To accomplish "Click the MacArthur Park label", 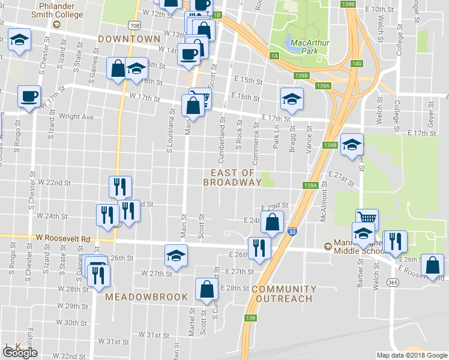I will pyautogui.click(x=308, y=47).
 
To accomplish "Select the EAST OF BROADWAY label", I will pyautogui.click(x=232, y=176).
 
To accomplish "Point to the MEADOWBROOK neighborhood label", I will pyautogui.click(x=146, y=297).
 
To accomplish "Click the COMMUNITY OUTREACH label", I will pyautogui.click(x=283, y=293).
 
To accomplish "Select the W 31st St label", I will pyautogui.click(x=154, y=334).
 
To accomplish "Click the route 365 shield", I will pyautogui.click(x=393, y=282).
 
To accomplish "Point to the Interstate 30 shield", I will pyautogui.click(x=292, y=232).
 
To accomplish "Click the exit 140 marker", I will pyautogui.click(x=357, y=64).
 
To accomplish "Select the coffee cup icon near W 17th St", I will pyautogui.click(x=29, y=96).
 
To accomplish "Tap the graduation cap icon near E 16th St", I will pyautogui.click(x=292, y=98).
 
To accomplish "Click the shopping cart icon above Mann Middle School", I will pyautogui.click(x=366, y=217).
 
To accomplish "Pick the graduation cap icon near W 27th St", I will pyautogui.click(x=175, y=255).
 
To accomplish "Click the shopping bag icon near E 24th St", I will pyautogui.click(x=273, y=221).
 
